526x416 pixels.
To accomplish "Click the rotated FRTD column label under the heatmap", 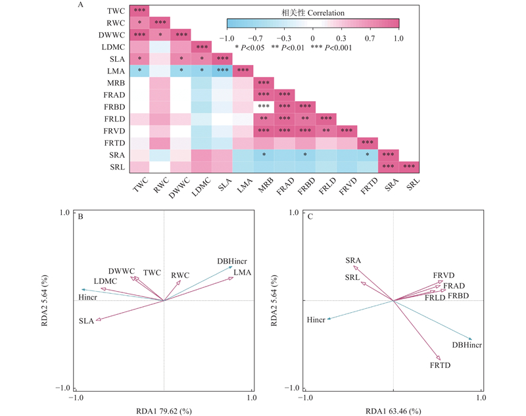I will point(368,186).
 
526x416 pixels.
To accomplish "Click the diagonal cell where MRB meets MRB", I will point(265,83).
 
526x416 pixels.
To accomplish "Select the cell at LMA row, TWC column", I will point(140,71).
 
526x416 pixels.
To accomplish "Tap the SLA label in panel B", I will point(86,321).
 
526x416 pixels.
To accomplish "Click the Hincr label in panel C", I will point(316,320).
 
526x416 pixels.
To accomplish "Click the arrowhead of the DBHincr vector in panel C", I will point(470,338).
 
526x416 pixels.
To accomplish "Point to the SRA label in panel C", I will point(353,261).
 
